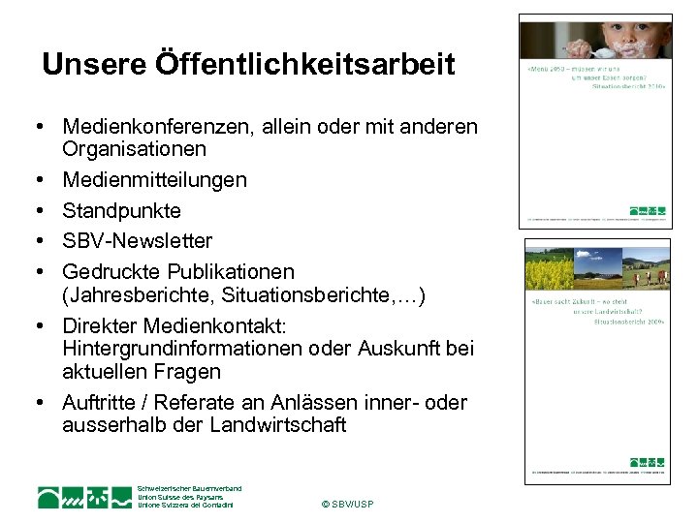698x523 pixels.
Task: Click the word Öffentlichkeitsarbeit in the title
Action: click(303, 66)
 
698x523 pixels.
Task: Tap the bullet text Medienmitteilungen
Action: click(154, 180)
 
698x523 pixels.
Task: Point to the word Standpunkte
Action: click(121, 210)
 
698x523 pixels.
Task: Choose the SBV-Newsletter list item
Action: click(137, 240)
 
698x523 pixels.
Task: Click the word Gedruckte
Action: click(109, 271)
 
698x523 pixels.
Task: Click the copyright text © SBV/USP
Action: click(346, 505)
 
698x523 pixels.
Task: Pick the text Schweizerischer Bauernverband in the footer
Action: click(189, 488)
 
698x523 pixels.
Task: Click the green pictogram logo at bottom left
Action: click(84, 497)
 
